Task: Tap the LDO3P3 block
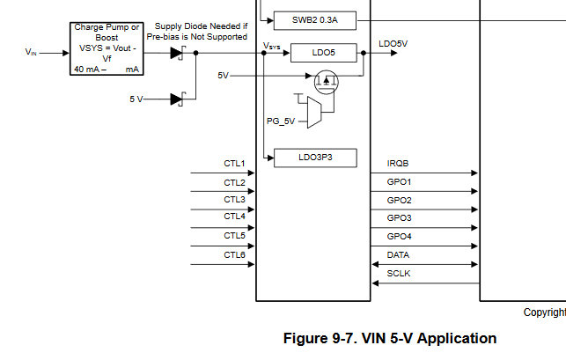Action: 315,158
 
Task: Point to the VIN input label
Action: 32,53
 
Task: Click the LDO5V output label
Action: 393,42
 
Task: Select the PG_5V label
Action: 280,120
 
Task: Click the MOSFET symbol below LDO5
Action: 327,84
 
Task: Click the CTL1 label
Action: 233,164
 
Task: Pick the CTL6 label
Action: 233,255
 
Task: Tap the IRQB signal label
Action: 398,164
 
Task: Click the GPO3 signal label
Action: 400,218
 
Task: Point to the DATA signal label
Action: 399,255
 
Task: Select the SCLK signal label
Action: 399,274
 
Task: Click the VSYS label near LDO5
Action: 273,43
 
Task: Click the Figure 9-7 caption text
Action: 389,339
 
